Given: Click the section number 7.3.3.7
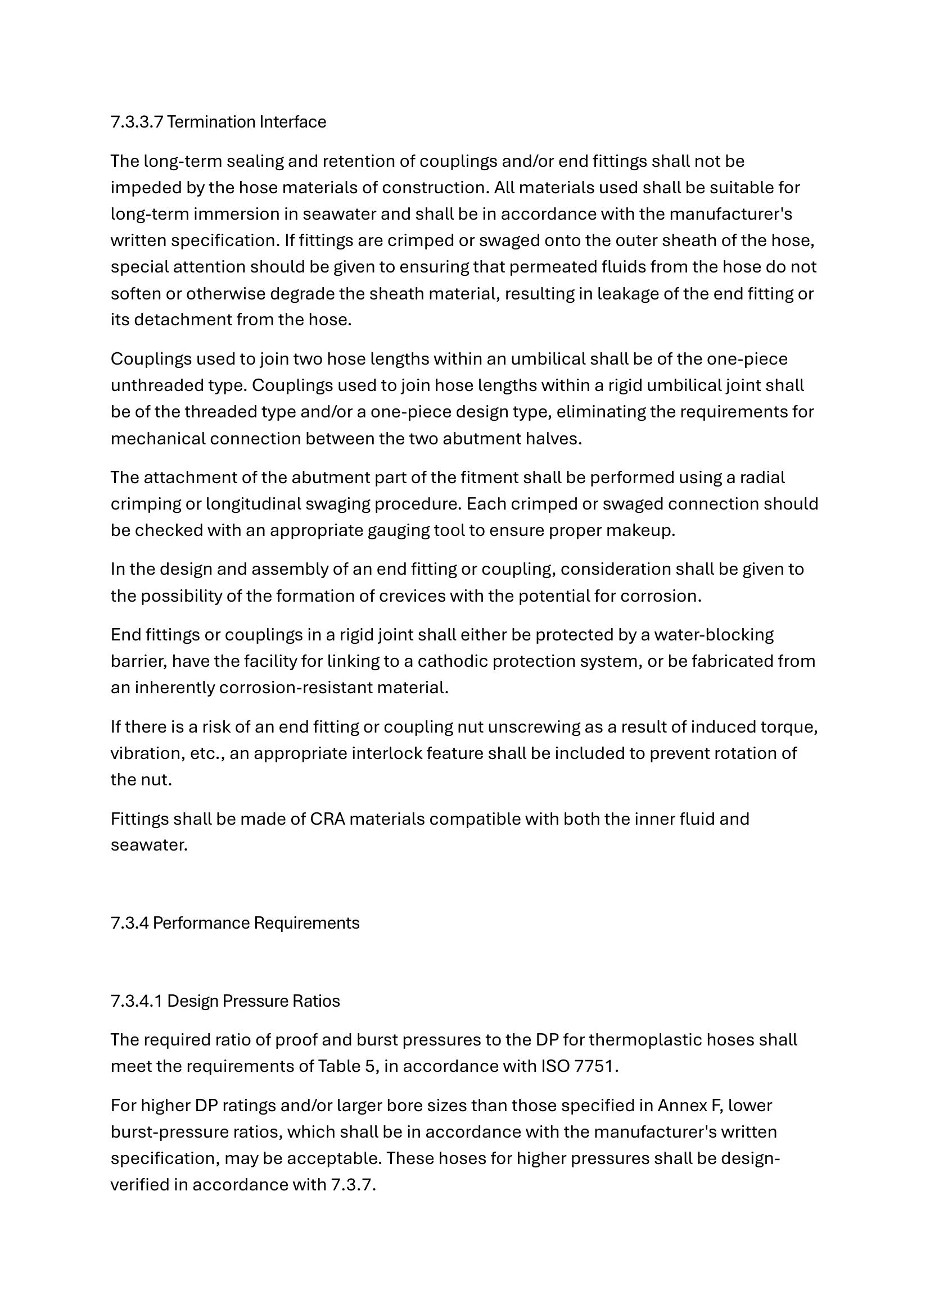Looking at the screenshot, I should tap(137, 122).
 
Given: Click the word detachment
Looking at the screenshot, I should tap(183, 319).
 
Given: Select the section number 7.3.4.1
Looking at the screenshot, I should tap(137, 1001).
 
